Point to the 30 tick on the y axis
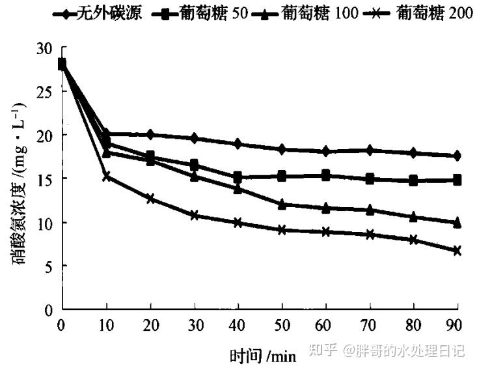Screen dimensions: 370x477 coord(46,48)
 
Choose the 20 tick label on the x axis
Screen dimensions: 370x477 coord(150,325)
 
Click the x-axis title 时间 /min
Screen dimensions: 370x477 coord(262,356)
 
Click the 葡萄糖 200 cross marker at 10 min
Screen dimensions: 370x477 coord(106,177)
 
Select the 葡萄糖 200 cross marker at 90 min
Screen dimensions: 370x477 coord(457,250)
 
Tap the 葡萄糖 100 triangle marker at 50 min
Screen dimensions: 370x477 coord(282,204)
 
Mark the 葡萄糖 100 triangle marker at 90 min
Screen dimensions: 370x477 coord(457,223)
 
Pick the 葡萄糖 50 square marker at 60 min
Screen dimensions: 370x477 coord(325,175)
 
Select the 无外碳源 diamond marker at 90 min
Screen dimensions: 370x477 coord(457,156)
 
